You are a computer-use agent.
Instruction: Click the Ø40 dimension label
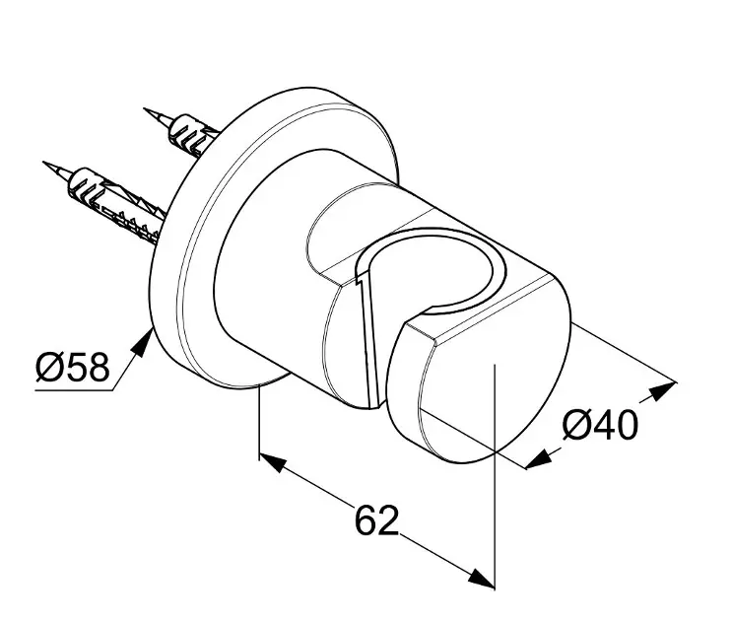(x=600, y=424)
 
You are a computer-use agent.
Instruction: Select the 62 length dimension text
(x=376, y=519)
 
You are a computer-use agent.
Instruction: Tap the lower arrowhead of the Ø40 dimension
(x=538, y=459)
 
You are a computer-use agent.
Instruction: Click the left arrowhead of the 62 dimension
(x=273, y=461)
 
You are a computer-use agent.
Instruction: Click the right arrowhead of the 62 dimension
(x=481, y=579)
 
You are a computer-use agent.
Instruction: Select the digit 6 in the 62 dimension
(x=366, y=519)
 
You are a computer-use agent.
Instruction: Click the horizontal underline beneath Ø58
(x=74, y=389)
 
